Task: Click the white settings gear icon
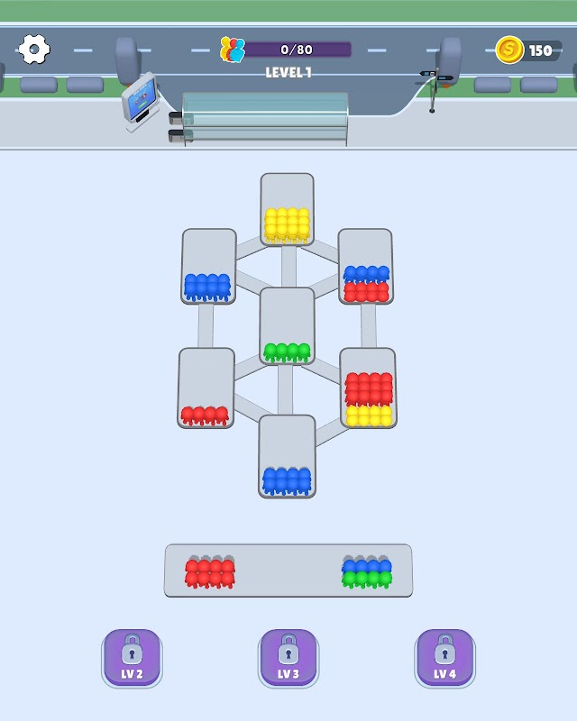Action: point(34,49)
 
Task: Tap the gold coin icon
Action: point(509,50)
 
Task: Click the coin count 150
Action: point(540,50)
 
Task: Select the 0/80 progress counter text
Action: point(297,50)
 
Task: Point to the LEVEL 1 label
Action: point(288,72)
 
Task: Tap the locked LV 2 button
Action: point(132,658)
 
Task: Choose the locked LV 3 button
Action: point(288,658)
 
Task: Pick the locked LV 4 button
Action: point(445,658)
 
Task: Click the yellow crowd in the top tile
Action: point(287,225)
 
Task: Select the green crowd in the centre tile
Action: point(287,352)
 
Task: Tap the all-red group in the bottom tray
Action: point(210,573)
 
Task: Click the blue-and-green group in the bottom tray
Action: point(367,573)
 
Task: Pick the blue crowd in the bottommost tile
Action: point(287,481)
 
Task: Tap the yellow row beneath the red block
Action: point(369,415)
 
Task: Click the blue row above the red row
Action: point(366,274)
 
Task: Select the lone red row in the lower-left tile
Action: point(205,415)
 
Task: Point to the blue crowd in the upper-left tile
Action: point(207,287)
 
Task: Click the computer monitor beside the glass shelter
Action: point(140,99)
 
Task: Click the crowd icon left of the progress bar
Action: point(233,50)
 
